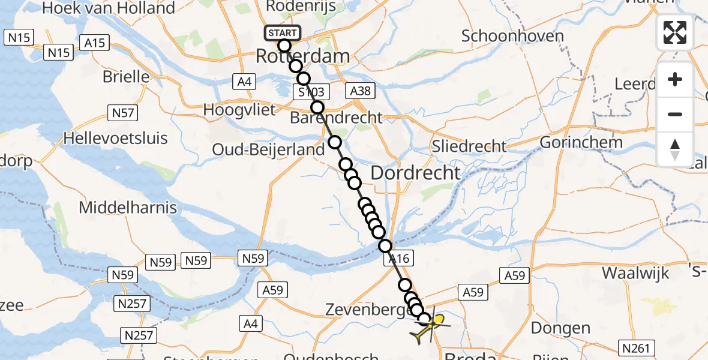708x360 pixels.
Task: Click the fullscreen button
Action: pyautogui.click(x=675, y=33)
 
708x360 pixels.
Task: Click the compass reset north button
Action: pyautogui.click(x=675, y=148)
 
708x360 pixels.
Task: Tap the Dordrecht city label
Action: pyautogui.click(x=416, y=173)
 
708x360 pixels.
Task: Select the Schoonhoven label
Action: pyautogui.click(x=512, y=36)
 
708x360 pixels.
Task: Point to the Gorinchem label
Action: pyautogui.click(x=581, y=143)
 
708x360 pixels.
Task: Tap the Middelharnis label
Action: pyautogui.click(x=128, y=208)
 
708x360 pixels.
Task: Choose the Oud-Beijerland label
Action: pyautogui.click(x=269, y=149)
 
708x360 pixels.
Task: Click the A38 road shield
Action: pyautogui.click(x=359, y=91)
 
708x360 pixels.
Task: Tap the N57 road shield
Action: pyautogui.click(x=122, y=112)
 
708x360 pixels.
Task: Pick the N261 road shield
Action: pyautogui.click(x=637, y=347)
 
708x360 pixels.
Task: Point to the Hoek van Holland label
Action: pyautogui.click(x=107, y=8)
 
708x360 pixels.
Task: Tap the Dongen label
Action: pyautogui.click(x=561, y=328)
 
